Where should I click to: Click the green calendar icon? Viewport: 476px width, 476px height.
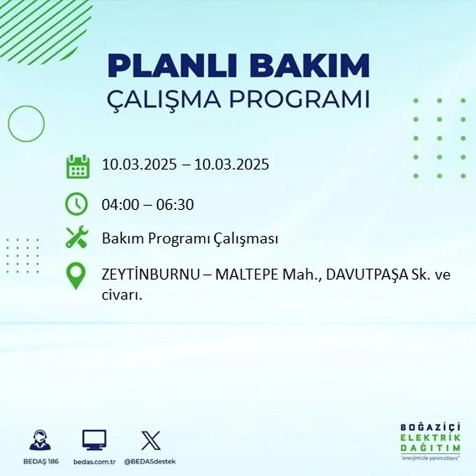pyautogui.click(x=78, y=167)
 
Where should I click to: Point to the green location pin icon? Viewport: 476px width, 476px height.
pyautogui.click(x=75, y=276)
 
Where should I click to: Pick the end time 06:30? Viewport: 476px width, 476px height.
pyautogui.click(x=175, y=205)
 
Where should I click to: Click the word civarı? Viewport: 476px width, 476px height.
pyautogui.click(x=122, y=296)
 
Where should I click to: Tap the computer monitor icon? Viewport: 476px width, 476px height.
pyautogui.click(x=94, y=440)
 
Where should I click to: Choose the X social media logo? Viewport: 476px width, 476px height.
pyautogui.click(x=151, y=440)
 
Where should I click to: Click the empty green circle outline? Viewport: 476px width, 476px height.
pyautogui.click(x=26, y=123)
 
